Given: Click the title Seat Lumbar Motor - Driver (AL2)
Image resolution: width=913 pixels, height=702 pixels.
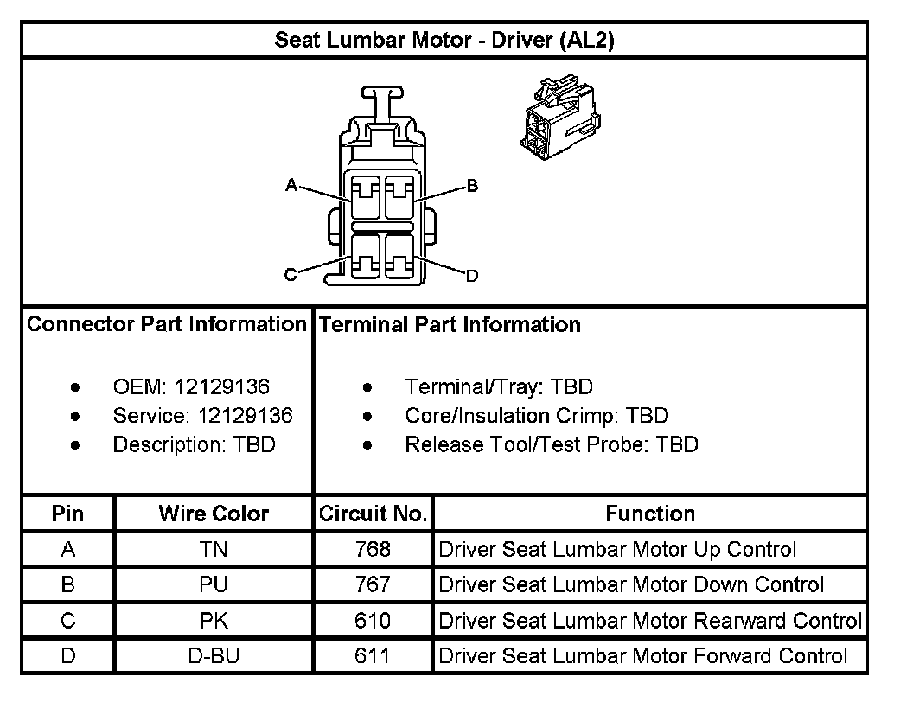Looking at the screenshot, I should (444, 41).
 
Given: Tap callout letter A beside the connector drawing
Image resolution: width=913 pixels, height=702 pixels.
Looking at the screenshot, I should (291, 185).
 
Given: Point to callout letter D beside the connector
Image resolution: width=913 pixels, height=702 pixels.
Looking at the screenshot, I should (472, 277).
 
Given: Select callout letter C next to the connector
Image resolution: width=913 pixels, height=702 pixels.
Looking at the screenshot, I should (290, 276).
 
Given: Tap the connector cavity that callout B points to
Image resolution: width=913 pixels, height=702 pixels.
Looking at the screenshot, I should (399, 196).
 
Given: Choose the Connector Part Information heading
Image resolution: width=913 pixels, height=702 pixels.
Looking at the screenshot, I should (167, 324).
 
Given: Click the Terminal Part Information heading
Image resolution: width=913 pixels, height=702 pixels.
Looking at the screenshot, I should (450, 325).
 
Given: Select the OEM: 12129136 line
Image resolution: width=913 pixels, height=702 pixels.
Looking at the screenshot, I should (191, 386).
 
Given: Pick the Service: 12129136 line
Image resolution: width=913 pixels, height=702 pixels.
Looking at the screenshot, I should (202, 416).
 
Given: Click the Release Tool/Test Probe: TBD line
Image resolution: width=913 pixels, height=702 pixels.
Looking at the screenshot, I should (551, 444).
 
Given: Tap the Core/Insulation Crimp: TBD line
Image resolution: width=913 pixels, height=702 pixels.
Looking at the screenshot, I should (536, 416).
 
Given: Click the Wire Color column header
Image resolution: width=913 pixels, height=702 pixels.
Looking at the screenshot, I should (214, 514).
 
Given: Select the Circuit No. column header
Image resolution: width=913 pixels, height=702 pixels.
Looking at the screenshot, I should (373, 514).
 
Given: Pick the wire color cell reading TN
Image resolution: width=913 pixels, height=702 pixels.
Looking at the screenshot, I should (214, 549).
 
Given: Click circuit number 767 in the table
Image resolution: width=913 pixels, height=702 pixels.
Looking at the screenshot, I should (373, 585).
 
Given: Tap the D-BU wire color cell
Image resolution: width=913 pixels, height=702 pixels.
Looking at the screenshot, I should (214, 656).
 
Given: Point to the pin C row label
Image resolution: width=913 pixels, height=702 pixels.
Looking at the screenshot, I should (67, 621).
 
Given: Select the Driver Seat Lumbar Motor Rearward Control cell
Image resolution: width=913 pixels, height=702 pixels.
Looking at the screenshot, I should (650, 621).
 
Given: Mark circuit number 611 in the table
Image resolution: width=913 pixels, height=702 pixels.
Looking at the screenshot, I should (373, 656).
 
